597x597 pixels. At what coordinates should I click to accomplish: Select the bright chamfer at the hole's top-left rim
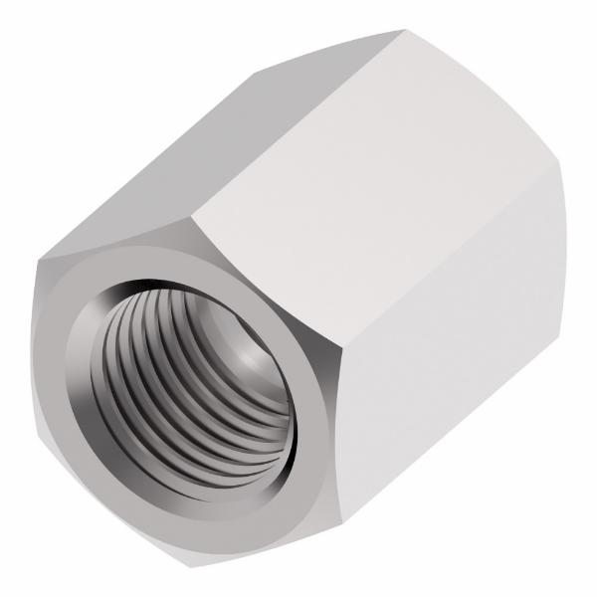click(99, 298)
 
